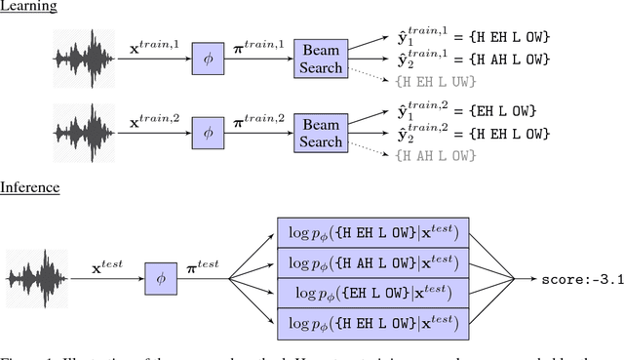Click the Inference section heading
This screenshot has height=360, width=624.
(x=30, y=186)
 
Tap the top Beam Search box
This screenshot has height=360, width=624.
(x=320, y=59)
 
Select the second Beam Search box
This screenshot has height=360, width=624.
(x=320, y=133)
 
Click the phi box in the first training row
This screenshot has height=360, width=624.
(x=206, y=59)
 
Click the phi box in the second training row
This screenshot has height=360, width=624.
(x=206, y=133)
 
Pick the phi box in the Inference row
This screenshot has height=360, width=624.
(x=161, y=278)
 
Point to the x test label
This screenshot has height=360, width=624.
(x=109, y=266)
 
